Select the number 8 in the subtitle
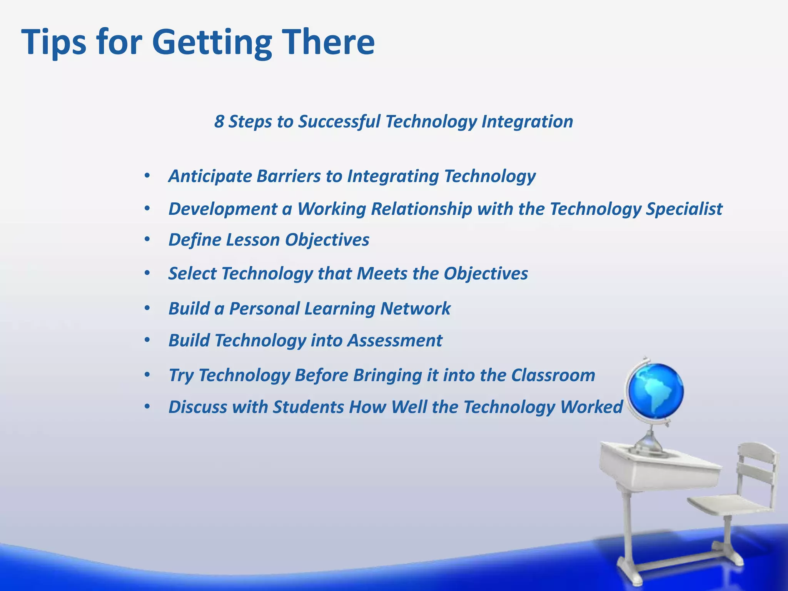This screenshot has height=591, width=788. (x=219, y=122)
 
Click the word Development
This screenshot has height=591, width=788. (x=223, y=209)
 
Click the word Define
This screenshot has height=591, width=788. (x=194, y=240)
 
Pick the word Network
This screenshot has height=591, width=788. (x=415, y=309)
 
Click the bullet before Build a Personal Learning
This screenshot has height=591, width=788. (x=147, y=309)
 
